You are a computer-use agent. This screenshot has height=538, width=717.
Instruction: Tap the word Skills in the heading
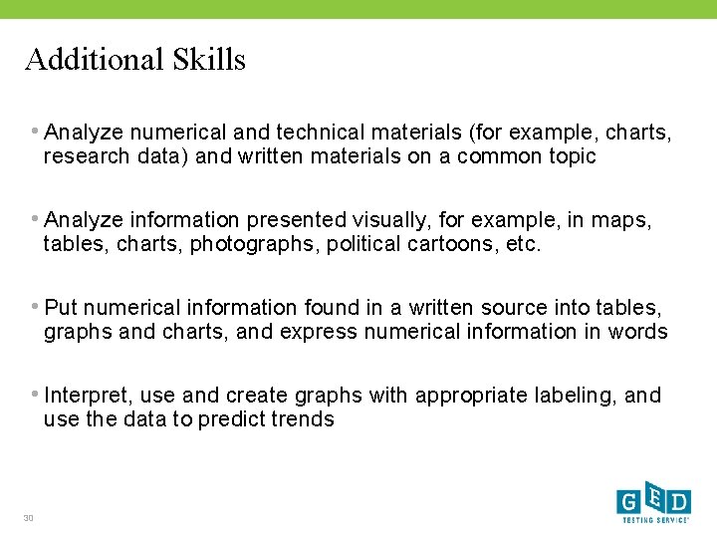[211, 60]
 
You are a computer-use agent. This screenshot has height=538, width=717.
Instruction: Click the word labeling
[580, 396]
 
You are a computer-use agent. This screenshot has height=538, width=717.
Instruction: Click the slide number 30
[29, 517]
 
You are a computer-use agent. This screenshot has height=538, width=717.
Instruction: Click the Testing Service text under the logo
[653, 520]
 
